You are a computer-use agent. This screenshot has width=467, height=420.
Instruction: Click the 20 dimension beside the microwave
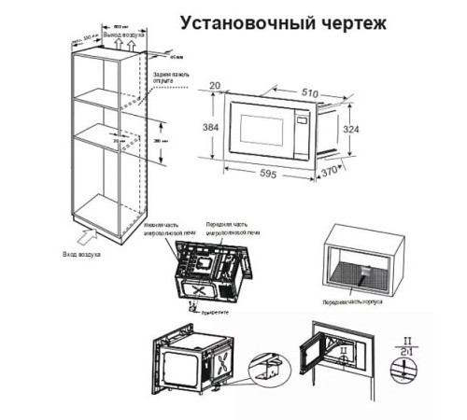pyautogui.click(x=216, y=87)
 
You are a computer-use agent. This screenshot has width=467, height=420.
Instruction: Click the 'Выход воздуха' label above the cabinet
pyautogui.click(x=123, y=34)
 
